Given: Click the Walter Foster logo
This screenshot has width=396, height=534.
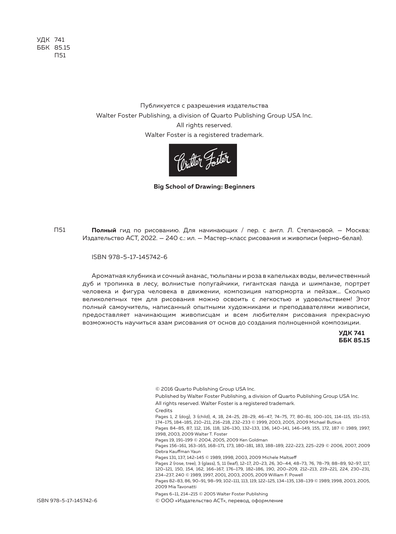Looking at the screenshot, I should [x=203, y=160].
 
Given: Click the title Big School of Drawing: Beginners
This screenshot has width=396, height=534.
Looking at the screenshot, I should [x=204, y=186].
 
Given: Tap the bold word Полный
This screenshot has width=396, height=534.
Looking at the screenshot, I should [x=104, y=230].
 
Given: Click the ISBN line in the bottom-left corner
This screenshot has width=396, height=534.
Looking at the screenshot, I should [x=67, y=501].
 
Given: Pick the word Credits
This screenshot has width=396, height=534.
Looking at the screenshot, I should [x=164, y=411].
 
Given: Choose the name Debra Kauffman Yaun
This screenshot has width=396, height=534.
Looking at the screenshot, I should [x=178, y=451].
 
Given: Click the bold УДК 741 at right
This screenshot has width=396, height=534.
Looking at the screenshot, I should [x=351, y=333].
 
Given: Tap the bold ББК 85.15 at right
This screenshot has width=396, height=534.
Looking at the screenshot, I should [x=354, y=340].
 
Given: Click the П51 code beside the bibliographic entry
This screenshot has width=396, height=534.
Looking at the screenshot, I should [x=60, y=230].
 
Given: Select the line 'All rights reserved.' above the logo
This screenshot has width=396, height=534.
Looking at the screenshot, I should [x=204, y=125].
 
